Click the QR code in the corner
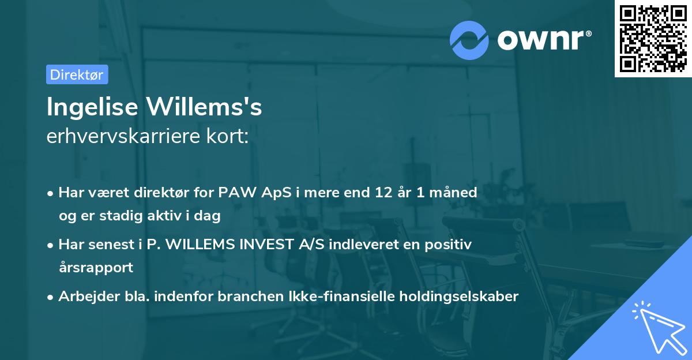653,39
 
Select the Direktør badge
77,74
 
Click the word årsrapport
96,268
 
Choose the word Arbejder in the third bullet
82,297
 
